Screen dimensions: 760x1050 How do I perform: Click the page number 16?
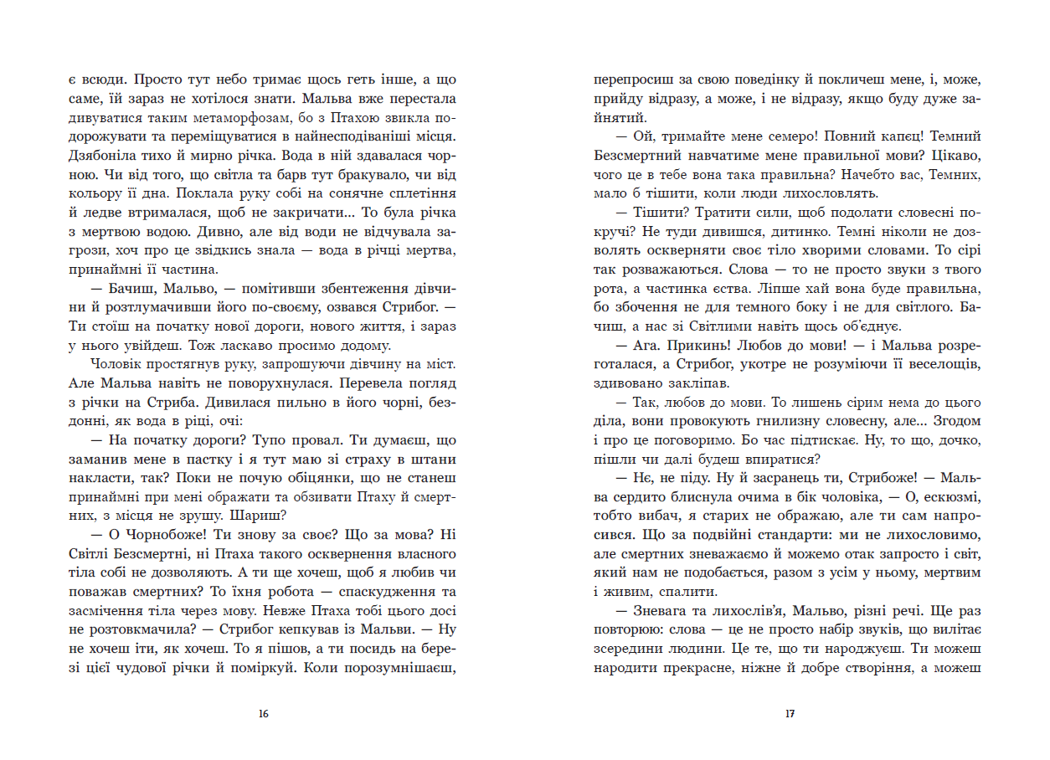click(264, 714)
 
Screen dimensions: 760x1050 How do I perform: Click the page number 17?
click(789, 714)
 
